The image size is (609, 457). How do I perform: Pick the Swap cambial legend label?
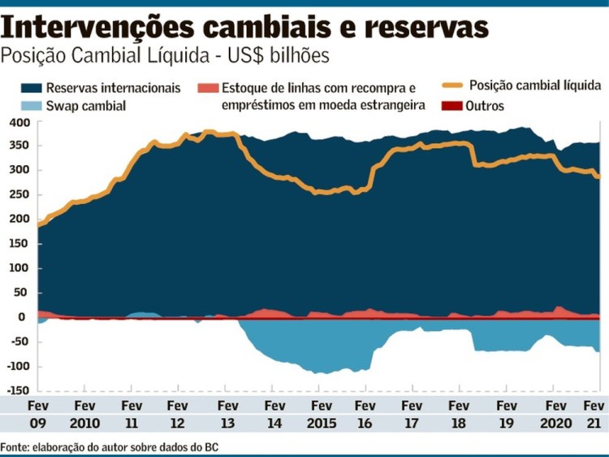[86, 106]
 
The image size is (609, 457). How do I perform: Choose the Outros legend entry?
[486, 106]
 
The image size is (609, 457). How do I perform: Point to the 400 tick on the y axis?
[19, 122]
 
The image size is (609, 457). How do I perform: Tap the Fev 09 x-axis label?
[38, 414]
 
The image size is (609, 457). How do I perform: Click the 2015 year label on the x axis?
[322, 424]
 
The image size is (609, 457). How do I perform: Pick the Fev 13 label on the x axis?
[228, 414]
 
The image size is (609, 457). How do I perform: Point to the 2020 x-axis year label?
[556, 424]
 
